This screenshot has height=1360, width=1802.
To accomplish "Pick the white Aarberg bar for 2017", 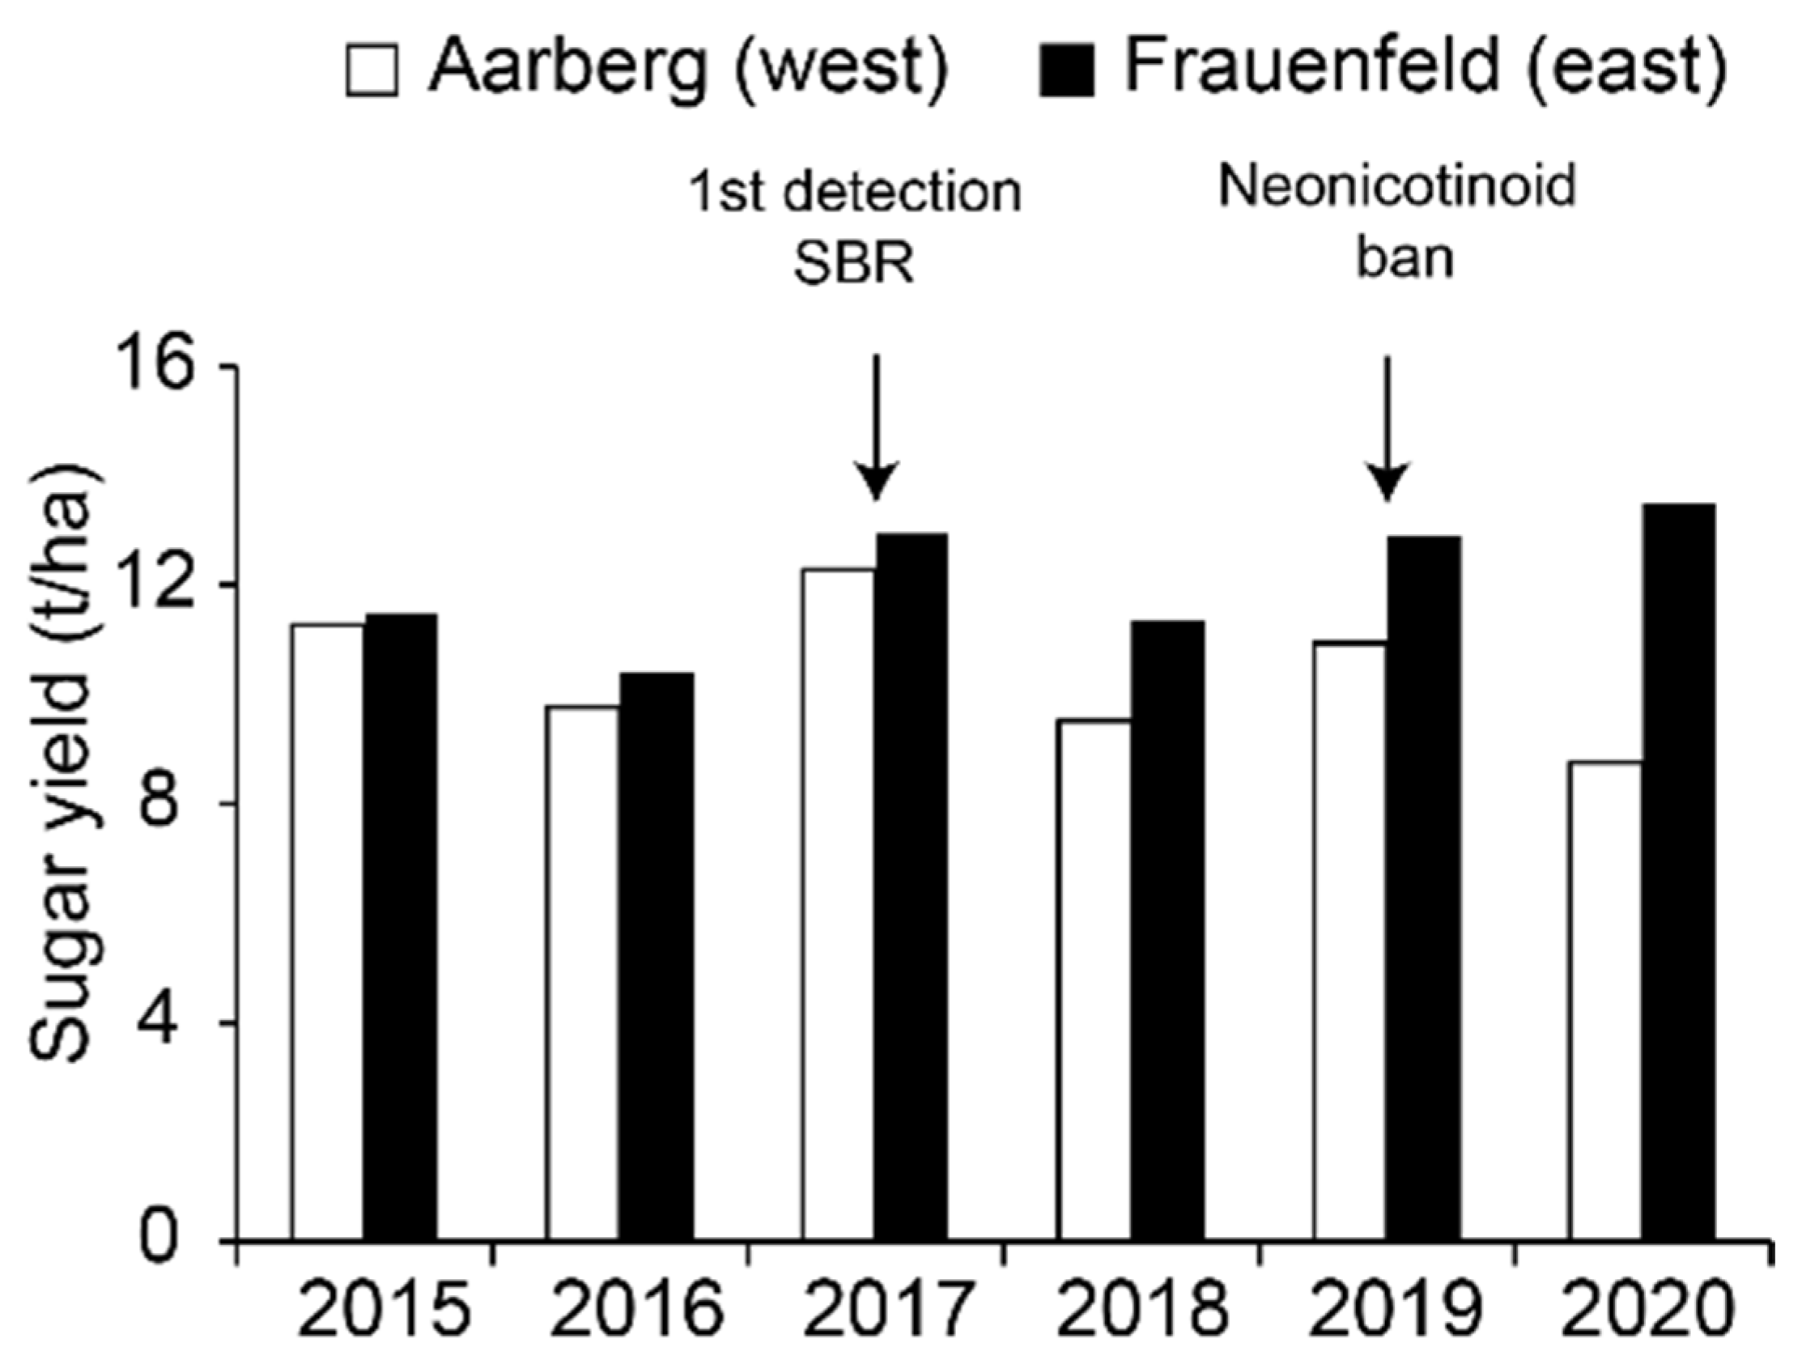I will point(838,904).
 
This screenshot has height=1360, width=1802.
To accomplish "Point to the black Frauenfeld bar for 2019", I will point(1423,888).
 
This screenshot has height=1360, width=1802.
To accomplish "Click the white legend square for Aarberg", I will point(372,70).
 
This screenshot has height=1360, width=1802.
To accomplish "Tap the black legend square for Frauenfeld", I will point(1066,70).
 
